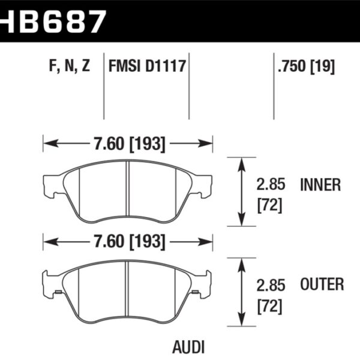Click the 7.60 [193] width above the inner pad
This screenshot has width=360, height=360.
[128, 144]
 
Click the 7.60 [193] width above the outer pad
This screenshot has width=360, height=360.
[128, 242]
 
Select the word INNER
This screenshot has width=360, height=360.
[320, 185]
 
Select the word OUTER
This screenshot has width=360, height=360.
[321, 284]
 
